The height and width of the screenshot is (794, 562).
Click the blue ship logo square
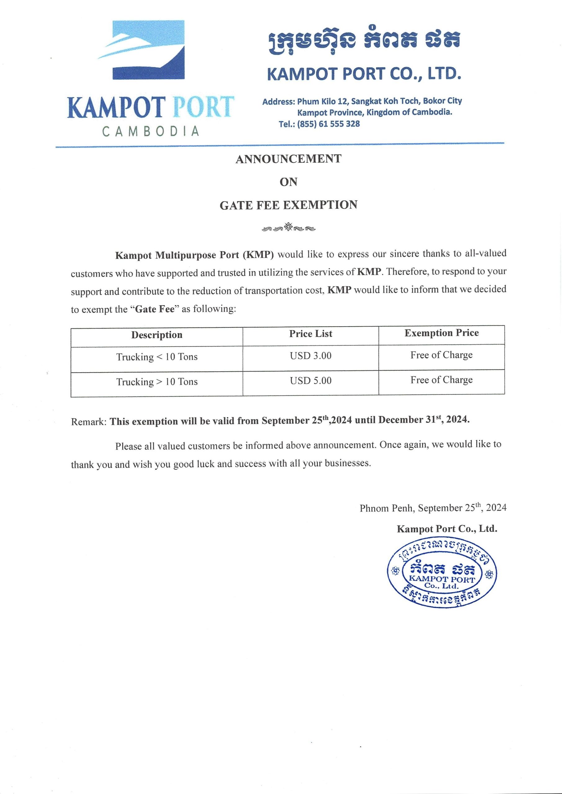click(x=148, y=50)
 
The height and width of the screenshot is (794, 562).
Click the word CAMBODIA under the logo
click(x=151, y=132)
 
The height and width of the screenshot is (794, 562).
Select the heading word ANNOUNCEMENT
click(x=288, y=159)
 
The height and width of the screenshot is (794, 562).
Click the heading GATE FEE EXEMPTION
click(x=288, y=205)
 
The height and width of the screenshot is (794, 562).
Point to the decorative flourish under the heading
click(x=289, y=228)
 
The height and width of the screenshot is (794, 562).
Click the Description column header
click(x=157, y=335)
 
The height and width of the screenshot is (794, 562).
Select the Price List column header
click(x=310, y=334)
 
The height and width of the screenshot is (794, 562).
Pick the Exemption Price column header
click(x=441, y=333)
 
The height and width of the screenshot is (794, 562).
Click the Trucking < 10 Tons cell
click(x=157, y=357)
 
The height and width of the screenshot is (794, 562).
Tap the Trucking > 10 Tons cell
click(x=157, y=382)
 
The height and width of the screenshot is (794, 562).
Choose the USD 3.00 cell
click(x=310, y=356)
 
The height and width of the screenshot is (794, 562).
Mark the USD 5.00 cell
click(x=310, y=381)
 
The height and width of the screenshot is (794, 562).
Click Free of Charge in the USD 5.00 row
click(x=441, y=380)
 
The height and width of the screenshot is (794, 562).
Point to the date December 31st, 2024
click(x=424, y=420)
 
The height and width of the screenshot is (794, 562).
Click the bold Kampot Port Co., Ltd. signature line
click(x=447, y=529)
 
